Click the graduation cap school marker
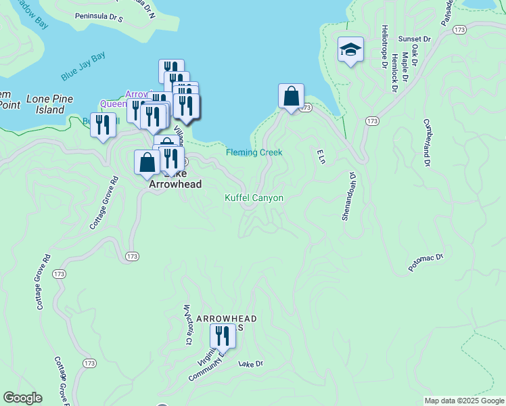(350, 49)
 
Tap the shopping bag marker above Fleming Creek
(291, 96)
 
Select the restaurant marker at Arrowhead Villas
(222, 336)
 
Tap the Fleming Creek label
(254, 152)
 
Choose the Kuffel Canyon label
(254, 198)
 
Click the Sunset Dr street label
(415, 39)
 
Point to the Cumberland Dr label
(427, 143)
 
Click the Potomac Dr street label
(425, 263)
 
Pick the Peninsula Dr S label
(99, 16)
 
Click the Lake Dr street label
(250, 363)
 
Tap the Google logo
(22, 398)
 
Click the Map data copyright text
(464, 401)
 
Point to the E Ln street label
(321, 155)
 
